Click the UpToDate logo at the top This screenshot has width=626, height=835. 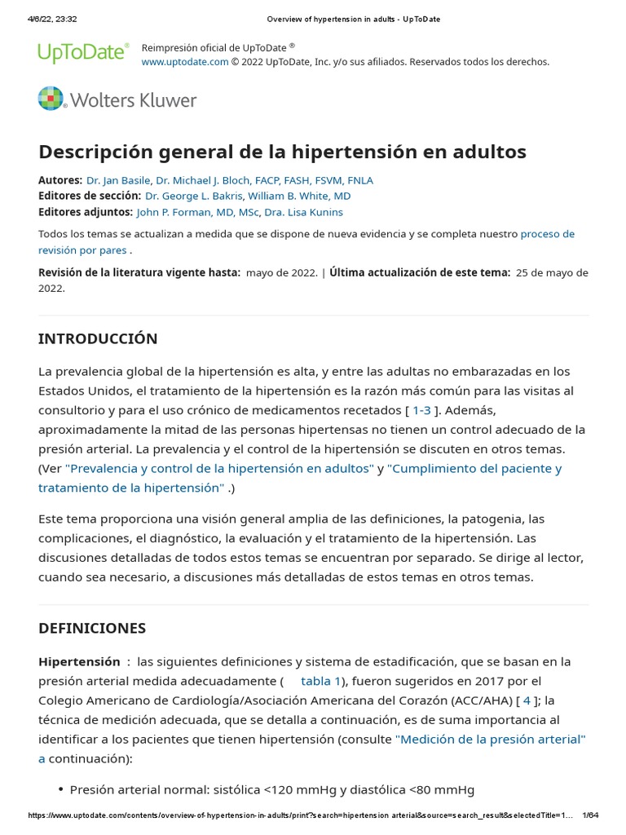click(x=83, y=54)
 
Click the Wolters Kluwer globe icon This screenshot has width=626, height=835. click(x=51, y=99)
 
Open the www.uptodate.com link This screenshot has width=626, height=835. click(x=185, y=62)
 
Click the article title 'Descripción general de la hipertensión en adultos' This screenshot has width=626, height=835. click(x=282, y=152)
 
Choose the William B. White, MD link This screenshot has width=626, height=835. click(x=300, y=196)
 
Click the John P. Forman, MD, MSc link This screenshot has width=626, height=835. click(x=197, y=212)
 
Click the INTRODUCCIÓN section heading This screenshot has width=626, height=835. click(x=98, y=338)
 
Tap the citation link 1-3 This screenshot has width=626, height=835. click(x=421, y=410)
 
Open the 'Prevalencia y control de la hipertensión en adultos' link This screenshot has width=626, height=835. click(x=219, y=468)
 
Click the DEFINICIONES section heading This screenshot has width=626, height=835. click(x=92, y=628)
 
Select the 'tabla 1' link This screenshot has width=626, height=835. click(x=320, y=681)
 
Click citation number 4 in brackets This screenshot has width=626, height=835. click(x=527, y=700)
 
